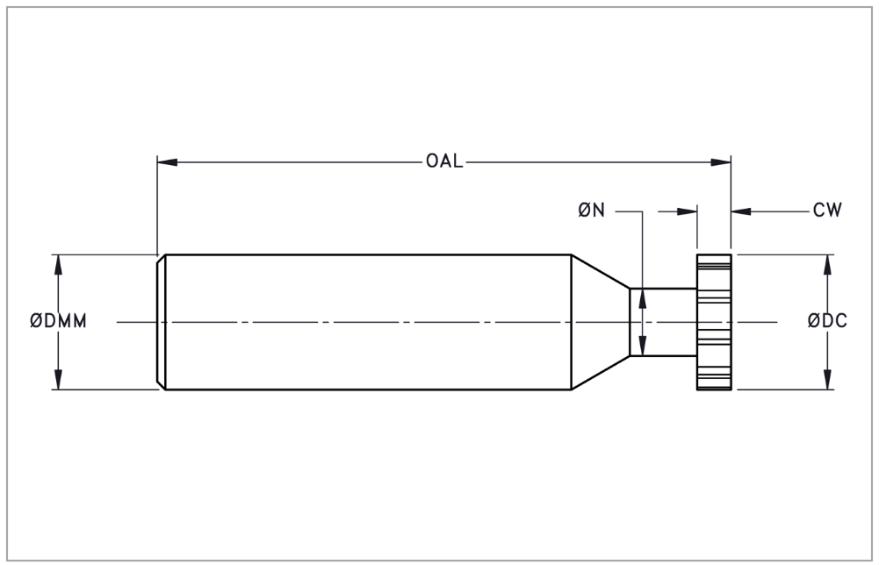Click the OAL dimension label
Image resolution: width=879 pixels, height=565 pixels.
pyautogui.click(x=444, y=161)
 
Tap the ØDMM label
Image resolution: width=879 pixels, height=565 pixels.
pyautogui.click(x=58, y=321)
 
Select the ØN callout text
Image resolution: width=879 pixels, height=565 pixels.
pyautogui.click(x=592, y=211)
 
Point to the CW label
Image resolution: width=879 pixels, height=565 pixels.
pyautogui.click(x=827, y=211)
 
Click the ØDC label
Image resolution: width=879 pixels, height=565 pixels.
pyautogui.click(x=827, y=321)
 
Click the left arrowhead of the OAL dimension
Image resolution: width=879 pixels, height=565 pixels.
pyautogui.click(x=168, y=162)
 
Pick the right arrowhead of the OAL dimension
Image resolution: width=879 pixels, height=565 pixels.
pyautogui.click(x=721, y=162)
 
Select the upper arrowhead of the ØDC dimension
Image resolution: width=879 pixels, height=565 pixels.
pyautogui.click(x=827, y=265)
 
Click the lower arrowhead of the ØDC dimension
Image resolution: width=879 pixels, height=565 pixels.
pyautogui.click(x=827, y=379)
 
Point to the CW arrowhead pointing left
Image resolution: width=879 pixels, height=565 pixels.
pyautogui.click(x=742, y=211)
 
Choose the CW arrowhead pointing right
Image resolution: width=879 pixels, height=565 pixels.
pyautogui.click(x=687, y=211)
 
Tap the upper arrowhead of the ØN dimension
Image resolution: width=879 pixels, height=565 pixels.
pyautogui.click(x=643, y=299)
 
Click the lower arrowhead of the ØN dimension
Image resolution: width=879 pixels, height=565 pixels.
pyautogui.click(x=643, y=345)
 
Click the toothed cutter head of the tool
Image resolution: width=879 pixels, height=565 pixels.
pyautogui.click(x=714, y=322)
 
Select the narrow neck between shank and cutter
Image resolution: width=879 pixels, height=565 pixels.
pyautogui.click(x=663, y=322)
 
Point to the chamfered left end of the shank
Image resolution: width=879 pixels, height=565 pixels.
pyautogui.click(x=161, y=322)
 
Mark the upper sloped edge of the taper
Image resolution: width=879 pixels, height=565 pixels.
pyautogui.click(x=601, y=272)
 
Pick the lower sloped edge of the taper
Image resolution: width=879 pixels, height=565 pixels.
pyautogui.click(x=601, y=372)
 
